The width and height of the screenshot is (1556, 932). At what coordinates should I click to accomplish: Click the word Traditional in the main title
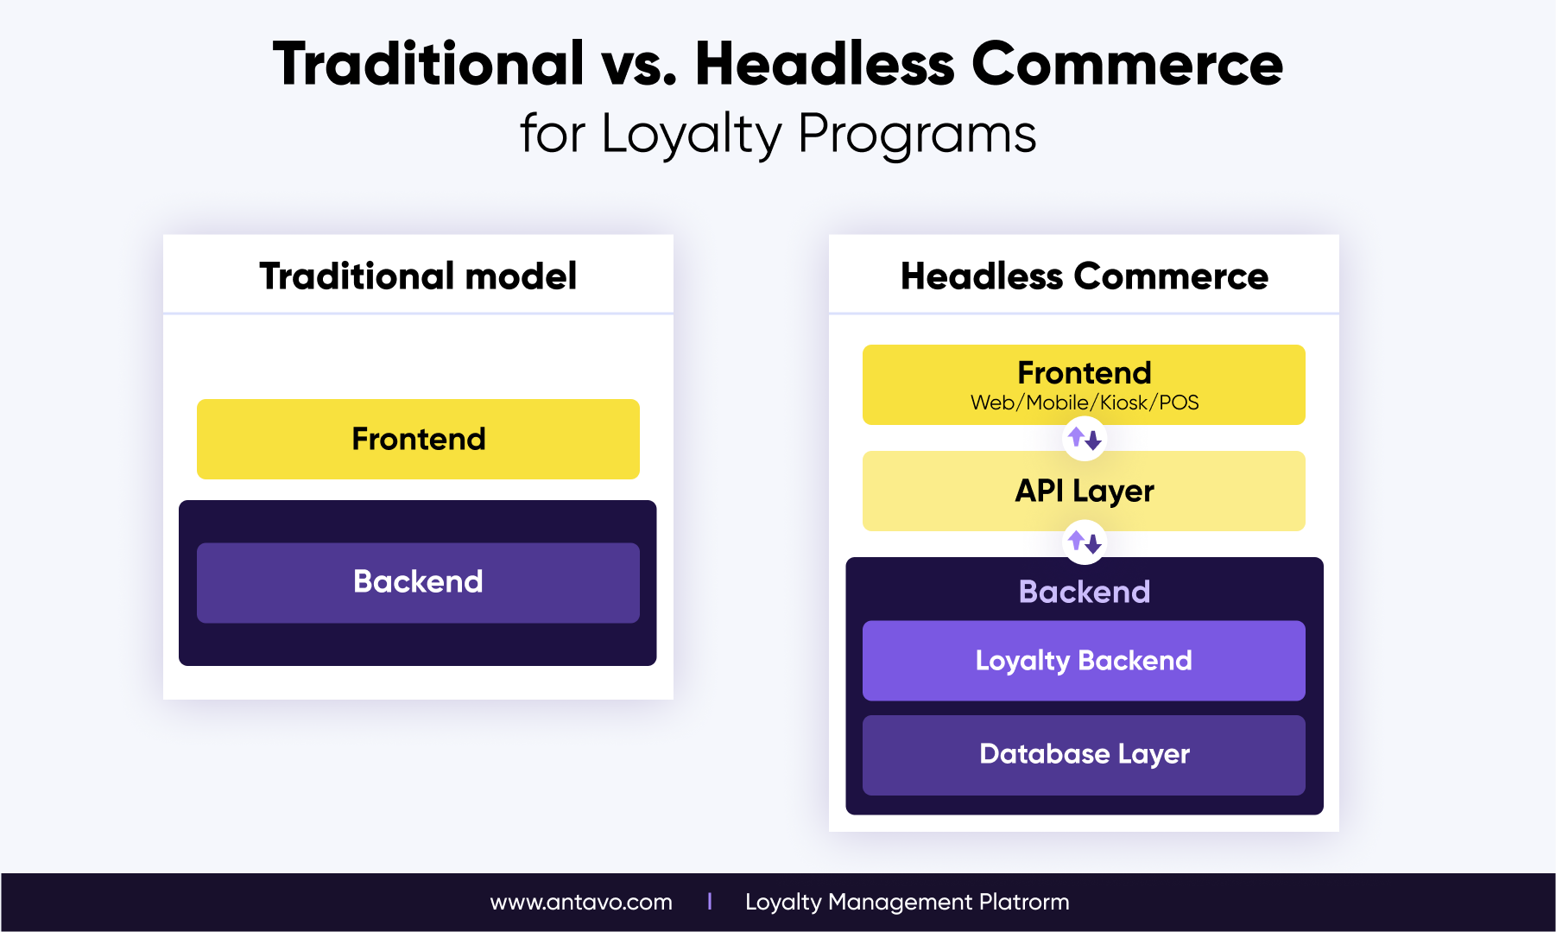(x=429, y=64)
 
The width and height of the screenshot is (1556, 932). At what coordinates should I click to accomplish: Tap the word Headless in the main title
(x=825, y=64)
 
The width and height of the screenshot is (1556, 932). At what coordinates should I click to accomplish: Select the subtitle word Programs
(x=917, y=136)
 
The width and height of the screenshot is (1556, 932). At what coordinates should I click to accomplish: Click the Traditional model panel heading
(x=418, y=276)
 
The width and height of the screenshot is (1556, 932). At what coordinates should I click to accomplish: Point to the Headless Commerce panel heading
(x=1085, y=276)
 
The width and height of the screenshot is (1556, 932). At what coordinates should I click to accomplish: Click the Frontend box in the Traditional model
(x=418, y=439)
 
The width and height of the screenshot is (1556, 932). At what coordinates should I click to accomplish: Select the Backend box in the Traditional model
(x=418, y=582)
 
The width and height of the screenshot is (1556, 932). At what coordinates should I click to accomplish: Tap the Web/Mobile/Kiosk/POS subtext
(x=1085, y=403)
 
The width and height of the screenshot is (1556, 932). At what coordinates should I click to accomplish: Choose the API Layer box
(x=1084, y=491)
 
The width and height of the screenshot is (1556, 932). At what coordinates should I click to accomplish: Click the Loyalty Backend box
(x=1084, y=661)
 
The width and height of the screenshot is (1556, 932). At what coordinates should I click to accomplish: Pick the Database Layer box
(x=1084, y=755)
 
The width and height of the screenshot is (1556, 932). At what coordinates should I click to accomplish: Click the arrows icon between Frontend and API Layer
(x=1085, y=438)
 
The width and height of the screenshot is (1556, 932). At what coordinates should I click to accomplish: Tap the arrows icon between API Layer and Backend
(x=1085, y=542)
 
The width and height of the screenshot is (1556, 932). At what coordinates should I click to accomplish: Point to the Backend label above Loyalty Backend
(x=1085, y=592)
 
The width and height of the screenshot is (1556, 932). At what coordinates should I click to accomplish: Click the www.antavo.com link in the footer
(x=581, y=903)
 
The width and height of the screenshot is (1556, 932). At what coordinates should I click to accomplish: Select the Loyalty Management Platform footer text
(x=908, y=903)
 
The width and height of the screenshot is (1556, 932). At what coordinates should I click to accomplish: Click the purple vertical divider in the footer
(x=710, y=902)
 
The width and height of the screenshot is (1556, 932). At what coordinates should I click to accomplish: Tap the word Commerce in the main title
(x=1127, y=64)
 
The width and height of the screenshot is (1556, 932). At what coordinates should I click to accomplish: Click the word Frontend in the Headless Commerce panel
(x=1085, y=373)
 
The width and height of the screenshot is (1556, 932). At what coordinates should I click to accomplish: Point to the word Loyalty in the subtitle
(x=692, y=136)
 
